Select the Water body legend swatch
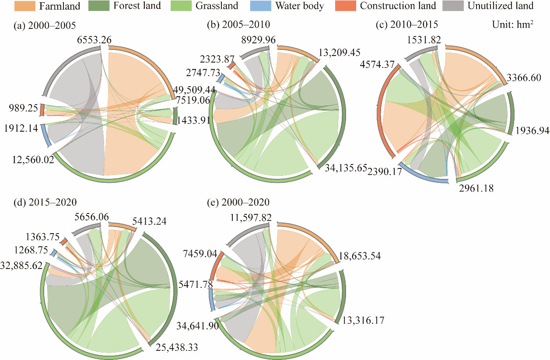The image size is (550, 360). point(265,6)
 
